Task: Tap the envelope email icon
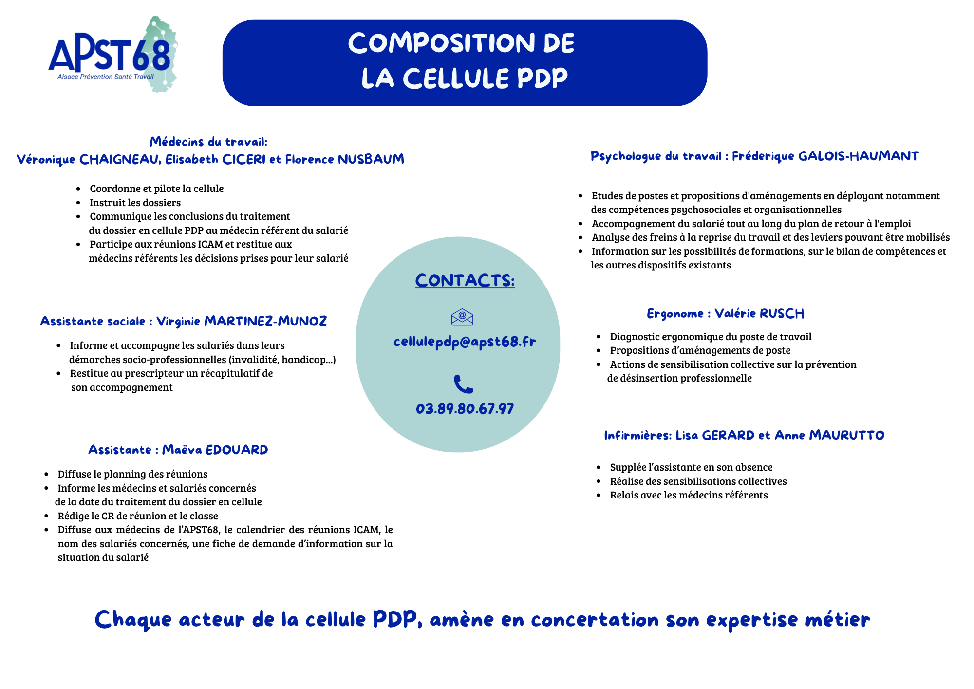[x=462, y=317]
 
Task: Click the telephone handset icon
[x=463, y=384]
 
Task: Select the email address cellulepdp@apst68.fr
[x=465, y=342]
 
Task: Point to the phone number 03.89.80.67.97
[x=465, y=408]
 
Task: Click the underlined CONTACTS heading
[x=465, y=281]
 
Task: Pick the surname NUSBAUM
[x=371, y=159]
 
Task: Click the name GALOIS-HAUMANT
[x=859, y=156]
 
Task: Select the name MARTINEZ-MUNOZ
[x=265, y=321]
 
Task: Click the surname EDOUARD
[x=237, y=450]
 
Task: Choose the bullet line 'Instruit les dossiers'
[x=135, y=203]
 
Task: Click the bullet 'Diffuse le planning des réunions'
[x=132, y=474]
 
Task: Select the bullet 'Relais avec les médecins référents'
[x=689, y=495]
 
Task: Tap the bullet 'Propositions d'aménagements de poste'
[x=700, y=350]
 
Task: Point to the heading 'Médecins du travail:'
[x=208, y=142]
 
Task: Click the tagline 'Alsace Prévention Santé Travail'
[x=105, y=77]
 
